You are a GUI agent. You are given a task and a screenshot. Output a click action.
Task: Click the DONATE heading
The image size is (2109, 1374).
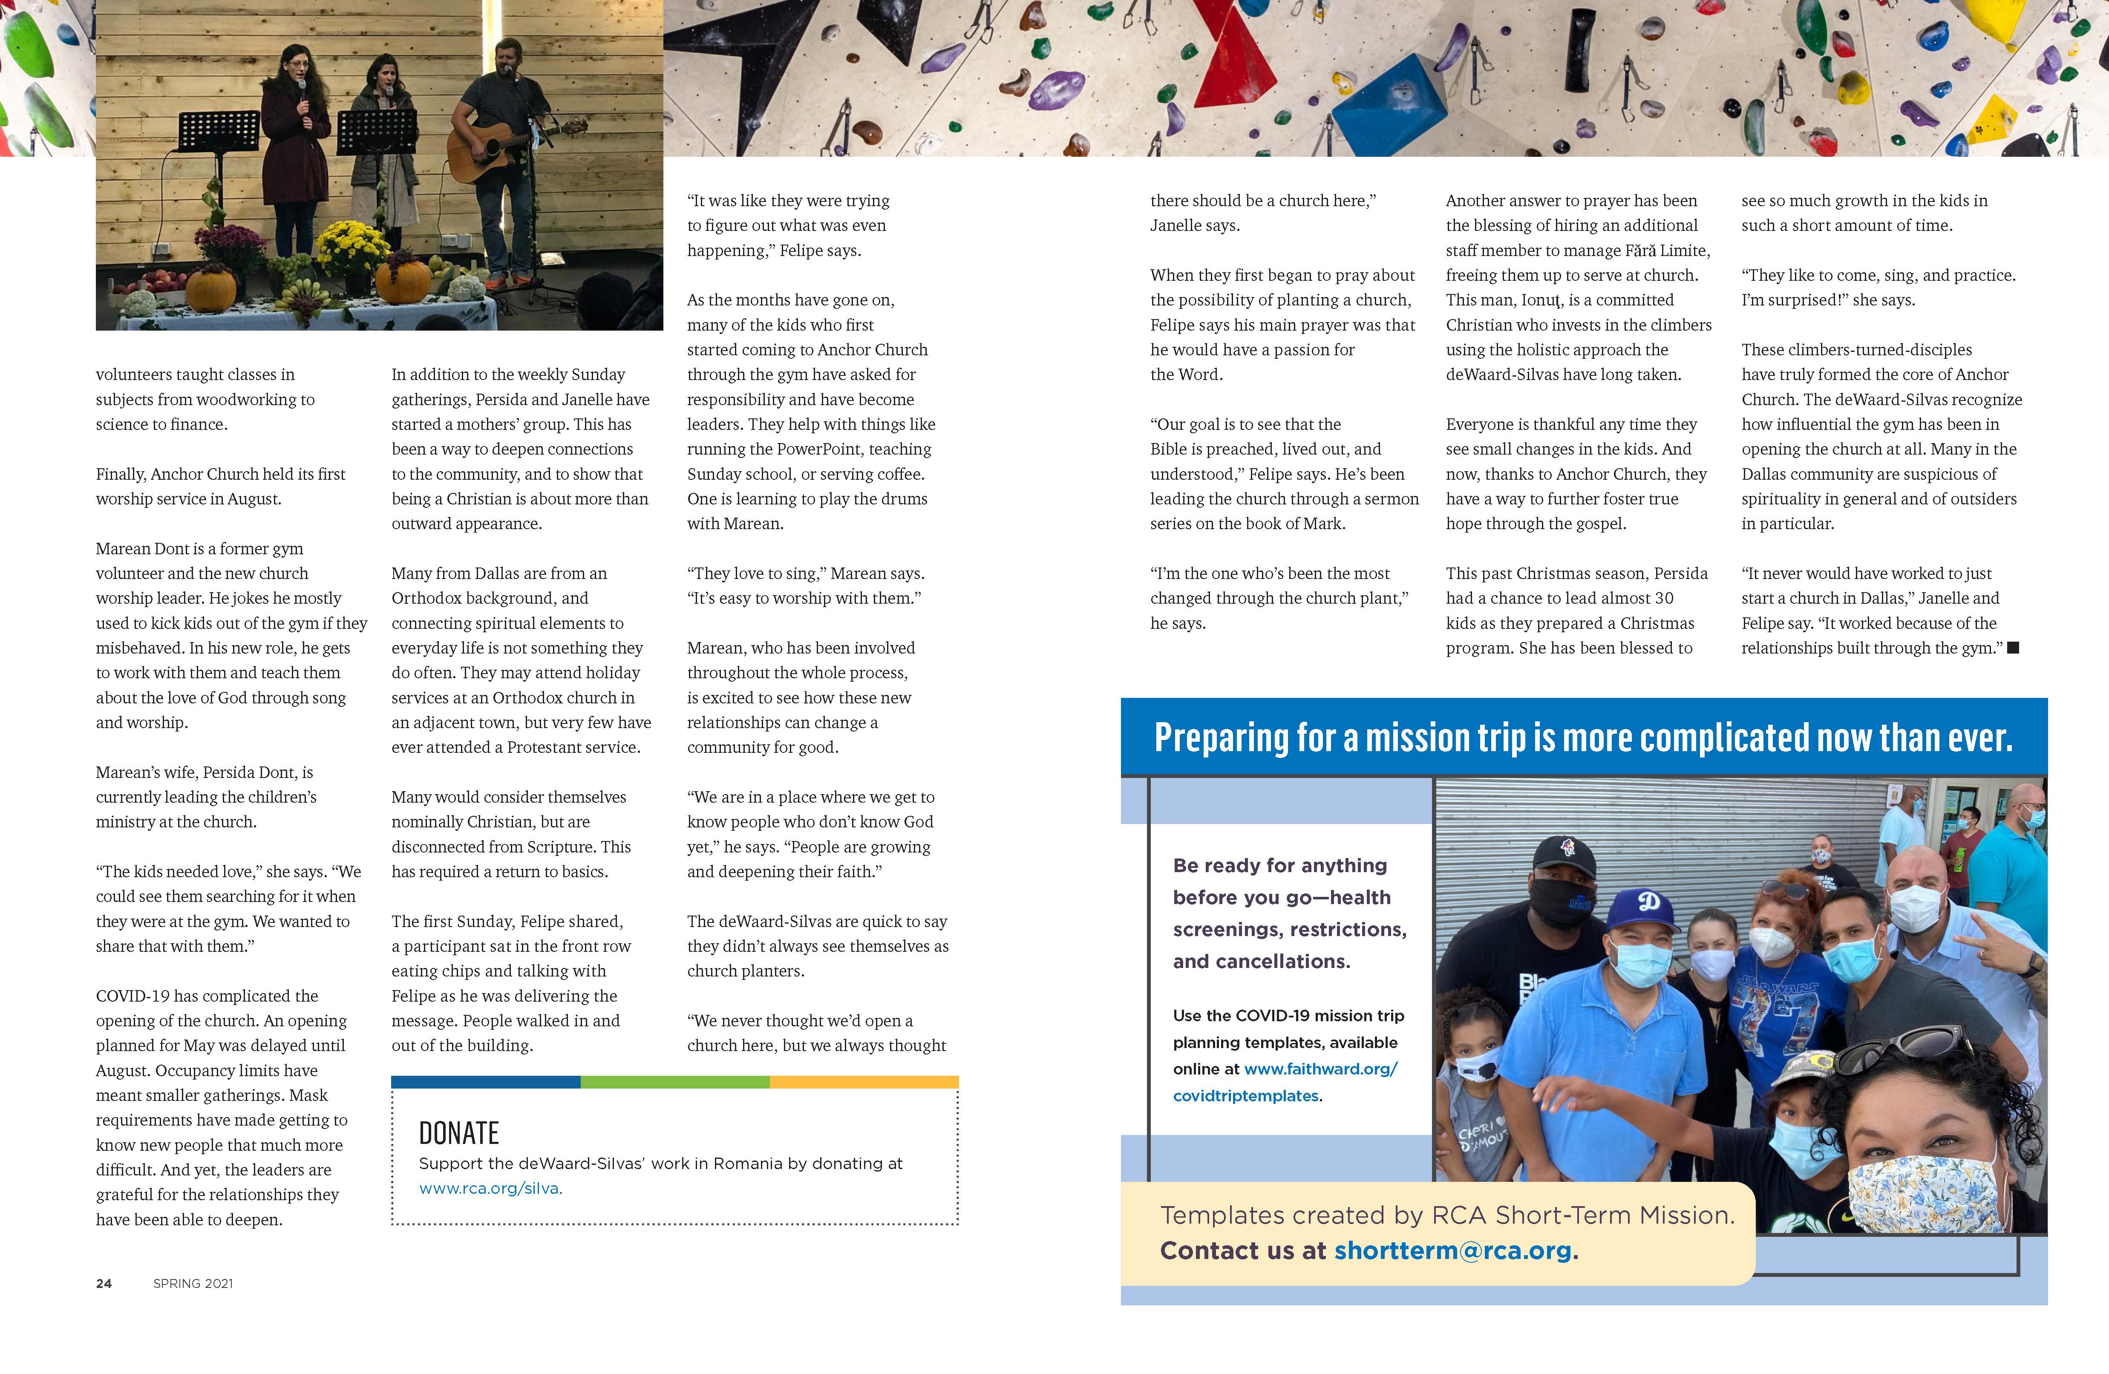point(459,1133)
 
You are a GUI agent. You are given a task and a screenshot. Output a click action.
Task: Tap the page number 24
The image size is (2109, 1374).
point(104,1284)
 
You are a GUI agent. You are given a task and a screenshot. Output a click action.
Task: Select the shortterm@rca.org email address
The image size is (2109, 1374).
point(1453,1251)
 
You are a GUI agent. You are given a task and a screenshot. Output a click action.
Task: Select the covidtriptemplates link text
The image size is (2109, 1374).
point(1245,1096)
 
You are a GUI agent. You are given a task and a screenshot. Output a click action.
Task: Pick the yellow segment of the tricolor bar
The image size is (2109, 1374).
point(864,1082)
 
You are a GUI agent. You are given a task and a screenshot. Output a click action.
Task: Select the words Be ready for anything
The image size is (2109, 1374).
point(1279,865)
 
